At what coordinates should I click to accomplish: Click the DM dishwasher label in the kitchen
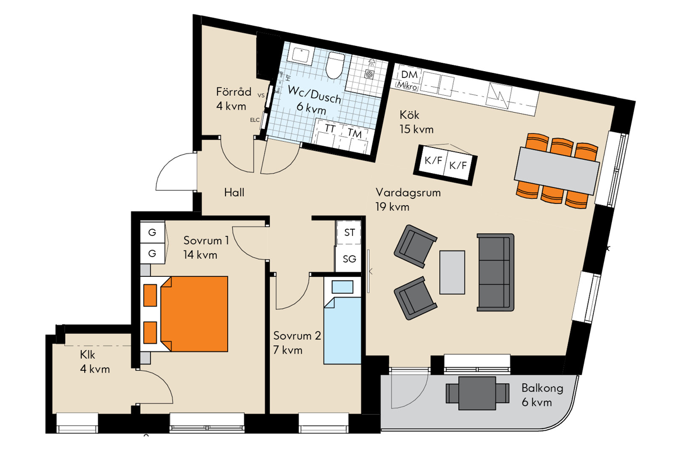click(x=409, y=74)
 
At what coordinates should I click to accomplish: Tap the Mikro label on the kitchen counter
click(x=407, y=86)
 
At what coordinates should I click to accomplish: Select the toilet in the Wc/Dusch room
click(x=335, y=65)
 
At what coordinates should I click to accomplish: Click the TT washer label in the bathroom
click(x=330, y=129)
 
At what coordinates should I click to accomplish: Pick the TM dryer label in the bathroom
click(x=355, y=133)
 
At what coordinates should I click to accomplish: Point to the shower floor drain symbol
click(x=369, y=74)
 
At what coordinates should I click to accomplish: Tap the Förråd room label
click(x=234, y=92)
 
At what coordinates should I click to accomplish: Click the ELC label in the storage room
click(x=255, y=120)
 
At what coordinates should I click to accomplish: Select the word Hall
click(x=234, y=192)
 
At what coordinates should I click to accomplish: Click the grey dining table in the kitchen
click(x=557, y=170)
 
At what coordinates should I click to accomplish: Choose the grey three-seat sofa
click(x=495, y=272)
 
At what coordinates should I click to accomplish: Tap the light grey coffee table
click(x=452, y=272)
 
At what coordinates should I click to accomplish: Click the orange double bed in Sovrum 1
click(x=194, y=314)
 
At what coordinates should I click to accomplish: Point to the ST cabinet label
click(x=349, y=233)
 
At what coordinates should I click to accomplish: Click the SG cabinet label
click(x=349, y=259)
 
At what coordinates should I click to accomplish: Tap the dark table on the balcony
click(x=477, y=393)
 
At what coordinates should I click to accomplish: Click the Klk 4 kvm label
click(x=95, y=362)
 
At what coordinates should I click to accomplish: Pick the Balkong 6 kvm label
click(x=542, y=395)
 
